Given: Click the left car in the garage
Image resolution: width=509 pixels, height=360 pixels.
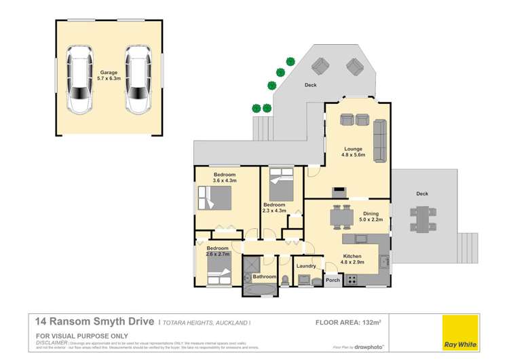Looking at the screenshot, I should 79,79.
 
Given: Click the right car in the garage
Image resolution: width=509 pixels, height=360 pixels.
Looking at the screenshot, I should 138,79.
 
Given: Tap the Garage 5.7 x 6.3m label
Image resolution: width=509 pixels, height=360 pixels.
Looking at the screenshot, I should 109,75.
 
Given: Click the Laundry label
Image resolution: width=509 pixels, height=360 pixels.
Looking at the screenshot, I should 306,266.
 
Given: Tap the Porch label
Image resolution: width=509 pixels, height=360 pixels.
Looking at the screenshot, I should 333,281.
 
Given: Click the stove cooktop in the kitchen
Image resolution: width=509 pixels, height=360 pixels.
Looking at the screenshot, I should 353,280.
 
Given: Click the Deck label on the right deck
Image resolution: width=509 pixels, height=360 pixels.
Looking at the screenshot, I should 421,194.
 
